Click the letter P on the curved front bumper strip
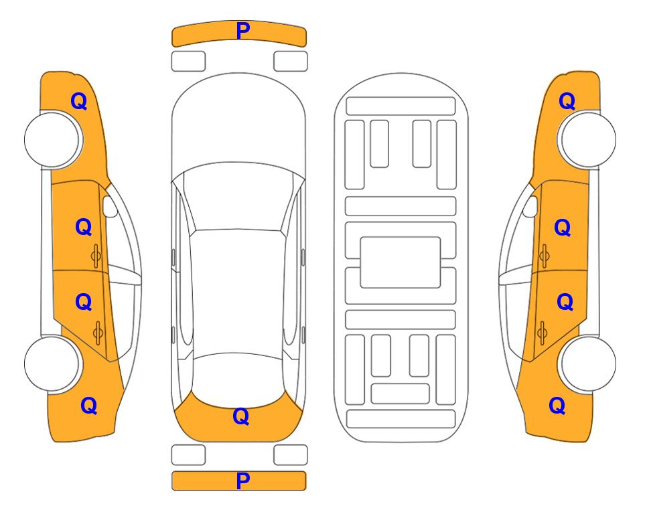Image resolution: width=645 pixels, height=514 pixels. [243, 31]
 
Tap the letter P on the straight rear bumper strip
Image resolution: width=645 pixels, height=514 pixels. [243, 481]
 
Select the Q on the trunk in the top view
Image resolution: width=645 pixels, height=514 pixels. [241, 416]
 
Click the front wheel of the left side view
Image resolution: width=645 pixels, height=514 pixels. [53, 139]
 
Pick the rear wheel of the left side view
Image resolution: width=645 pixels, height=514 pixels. [53, 363]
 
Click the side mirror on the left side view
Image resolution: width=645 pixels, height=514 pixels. [110, 206]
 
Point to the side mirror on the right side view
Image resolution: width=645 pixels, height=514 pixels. [530, 206]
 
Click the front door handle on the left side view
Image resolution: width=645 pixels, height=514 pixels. [96, 256]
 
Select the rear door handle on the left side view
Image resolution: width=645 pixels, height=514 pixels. [98, 332]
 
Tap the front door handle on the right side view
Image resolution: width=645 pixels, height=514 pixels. [544, 256]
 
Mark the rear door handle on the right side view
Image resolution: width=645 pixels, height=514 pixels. [542, 332]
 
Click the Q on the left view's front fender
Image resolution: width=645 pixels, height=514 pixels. [79, 101]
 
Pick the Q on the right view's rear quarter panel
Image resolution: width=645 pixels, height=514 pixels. [557, 406]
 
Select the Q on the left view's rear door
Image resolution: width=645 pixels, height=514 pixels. [84, 303]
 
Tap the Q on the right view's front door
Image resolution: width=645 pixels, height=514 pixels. [563, 228]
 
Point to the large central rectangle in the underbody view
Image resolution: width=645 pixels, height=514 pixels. [401, 262]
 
